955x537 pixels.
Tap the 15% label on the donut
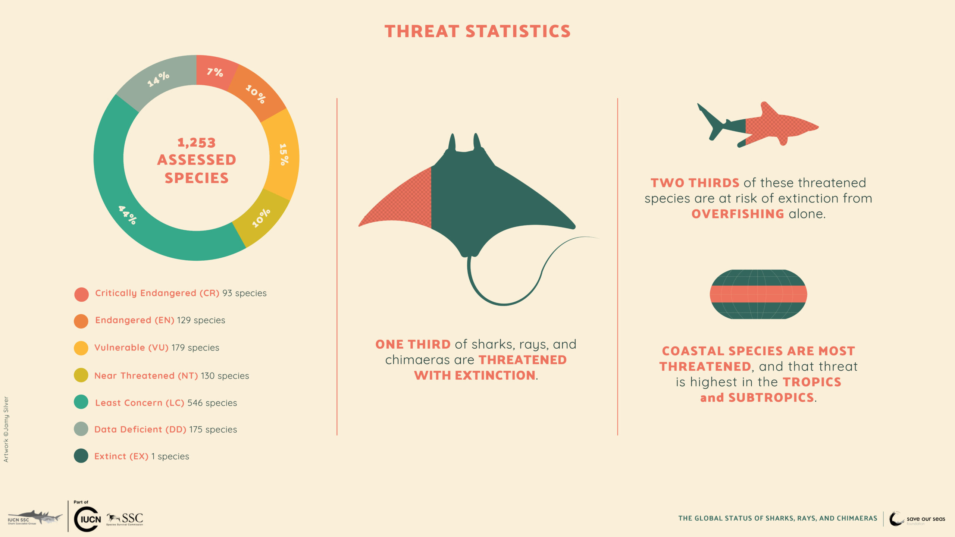pyautogui.click(x=284, y=154)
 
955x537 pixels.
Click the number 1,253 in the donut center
pyautogui.click(x=197, y=142)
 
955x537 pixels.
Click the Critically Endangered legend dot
pyautogui.click(x=81, y=294)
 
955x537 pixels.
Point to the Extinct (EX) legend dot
pyautogui.click(x=81, y=456)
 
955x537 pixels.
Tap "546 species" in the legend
pyautogui.click(x=212, y=403)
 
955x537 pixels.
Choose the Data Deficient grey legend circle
pyautogui.click(x=81, y=429)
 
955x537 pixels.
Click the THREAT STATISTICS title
pyautogui.click(x=477, y=31)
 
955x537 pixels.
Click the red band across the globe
pyautogui.click(x=758, y=294)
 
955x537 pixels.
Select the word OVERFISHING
pyautogui.click(x=738, y=214)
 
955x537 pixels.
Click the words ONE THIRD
pyautogui.click(x=413, y=344)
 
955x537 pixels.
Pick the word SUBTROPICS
pyautogui.click(x=771, y=398)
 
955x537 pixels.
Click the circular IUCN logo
pyautogui.click(x=87, y=519)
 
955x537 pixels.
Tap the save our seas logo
pyautogui.click(x=917, y=519)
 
